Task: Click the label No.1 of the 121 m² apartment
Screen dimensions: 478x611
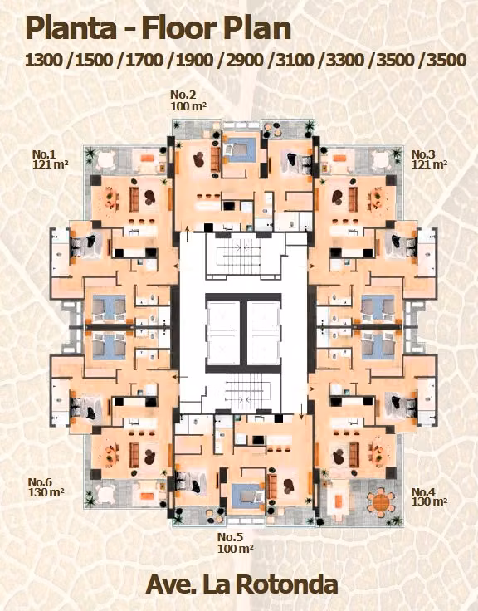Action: (44, 154)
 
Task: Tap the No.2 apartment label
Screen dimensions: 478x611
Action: (183, 95)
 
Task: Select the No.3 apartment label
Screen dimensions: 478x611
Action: (423, 154)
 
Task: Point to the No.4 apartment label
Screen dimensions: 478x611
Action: (423, 492)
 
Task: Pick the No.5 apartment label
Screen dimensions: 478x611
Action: (230, 537)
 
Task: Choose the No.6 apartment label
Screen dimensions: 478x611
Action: (40, 482)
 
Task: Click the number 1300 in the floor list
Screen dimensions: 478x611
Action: (44, 61)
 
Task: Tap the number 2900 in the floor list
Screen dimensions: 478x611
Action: (244, 61)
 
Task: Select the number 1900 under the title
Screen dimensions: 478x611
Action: (194, 61)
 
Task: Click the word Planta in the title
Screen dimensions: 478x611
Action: (71, 28)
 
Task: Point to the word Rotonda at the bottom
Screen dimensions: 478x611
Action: (287, 584)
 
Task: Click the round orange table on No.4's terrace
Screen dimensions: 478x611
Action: (381, 502)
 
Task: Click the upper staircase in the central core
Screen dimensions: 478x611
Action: (243, 255)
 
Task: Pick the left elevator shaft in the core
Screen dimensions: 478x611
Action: (223, 332)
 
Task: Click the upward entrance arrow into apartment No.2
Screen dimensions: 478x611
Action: (188, 233)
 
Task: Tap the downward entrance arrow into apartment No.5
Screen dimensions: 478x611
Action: (301, 412)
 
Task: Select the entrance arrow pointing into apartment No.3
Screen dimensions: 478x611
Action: (307, 266)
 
